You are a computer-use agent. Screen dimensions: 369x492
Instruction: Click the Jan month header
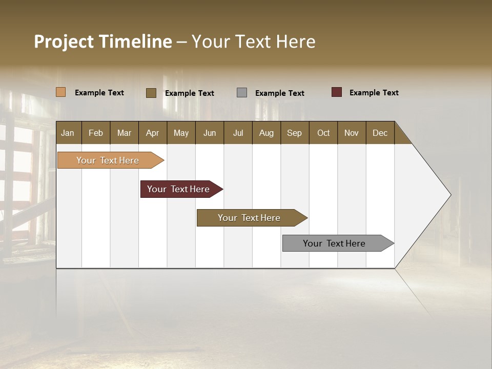click(68, 133)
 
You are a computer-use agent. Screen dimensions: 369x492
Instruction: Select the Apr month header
click(152, 133)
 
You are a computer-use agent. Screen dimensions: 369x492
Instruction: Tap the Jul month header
click(238, 133)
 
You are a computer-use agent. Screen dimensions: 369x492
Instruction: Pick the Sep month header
click(294, 133)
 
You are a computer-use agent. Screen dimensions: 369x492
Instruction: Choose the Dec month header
click(380, 133)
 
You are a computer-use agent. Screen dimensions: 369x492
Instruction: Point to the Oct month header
click(323, 133)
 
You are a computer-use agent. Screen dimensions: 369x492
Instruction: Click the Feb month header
click(96, 133)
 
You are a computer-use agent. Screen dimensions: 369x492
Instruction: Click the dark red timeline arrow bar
click(179, 189)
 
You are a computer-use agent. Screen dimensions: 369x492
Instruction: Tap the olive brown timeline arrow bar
click(250, 218)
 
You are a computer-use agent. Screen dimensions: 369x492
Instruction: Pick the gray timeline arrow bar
click(336, 243)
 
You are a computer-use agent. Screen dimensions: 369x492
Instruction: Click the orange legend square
click(60, 92)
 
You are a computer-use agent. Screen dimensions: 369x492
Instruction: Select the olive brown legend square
click(151, 93)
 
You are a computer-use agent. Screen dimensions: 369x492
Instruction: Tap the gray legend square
click(242, 93)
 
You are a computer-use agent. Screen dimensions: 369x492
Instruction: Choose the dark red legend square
click(336, 92)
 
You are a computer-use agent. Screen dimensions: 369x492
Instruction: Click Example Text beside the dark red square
click(374, 93)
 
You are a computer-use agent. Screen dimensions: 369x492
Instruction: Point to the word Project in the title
click(64, 42)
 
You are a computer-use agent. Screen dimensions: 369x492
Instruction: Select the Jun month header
click(210, 133)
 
